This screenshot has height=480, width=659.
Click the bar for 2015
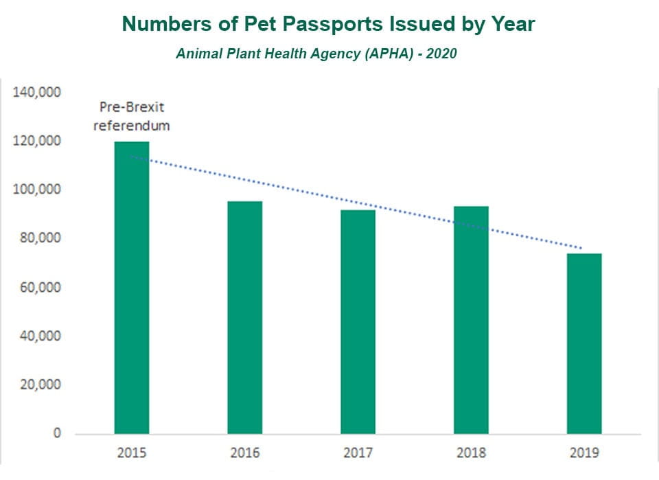point(132,288)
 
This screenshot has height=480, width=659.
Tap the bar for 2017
point(358,321)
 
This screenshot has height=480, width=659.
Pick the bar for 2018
point(471,320)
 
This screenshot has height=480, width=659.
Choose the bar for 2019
point(584,343)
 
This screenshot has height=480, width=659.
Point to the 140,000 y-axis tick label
point(38,93)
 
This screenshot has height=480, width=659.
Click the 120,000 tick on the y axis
point(38,141)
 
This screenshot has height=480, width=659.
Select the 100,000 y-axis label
point(38,190)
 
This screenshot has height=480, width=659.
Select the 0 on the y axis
point(56,433)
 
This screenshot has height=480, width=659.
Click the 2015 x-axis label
point(132,453)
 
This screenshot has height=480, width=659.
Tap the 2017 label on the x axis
point(358,453)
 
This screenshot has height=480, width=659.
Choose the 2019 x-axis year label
point(584,453)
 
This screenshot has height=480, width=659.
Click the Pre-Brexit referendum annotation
point(131,117)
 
